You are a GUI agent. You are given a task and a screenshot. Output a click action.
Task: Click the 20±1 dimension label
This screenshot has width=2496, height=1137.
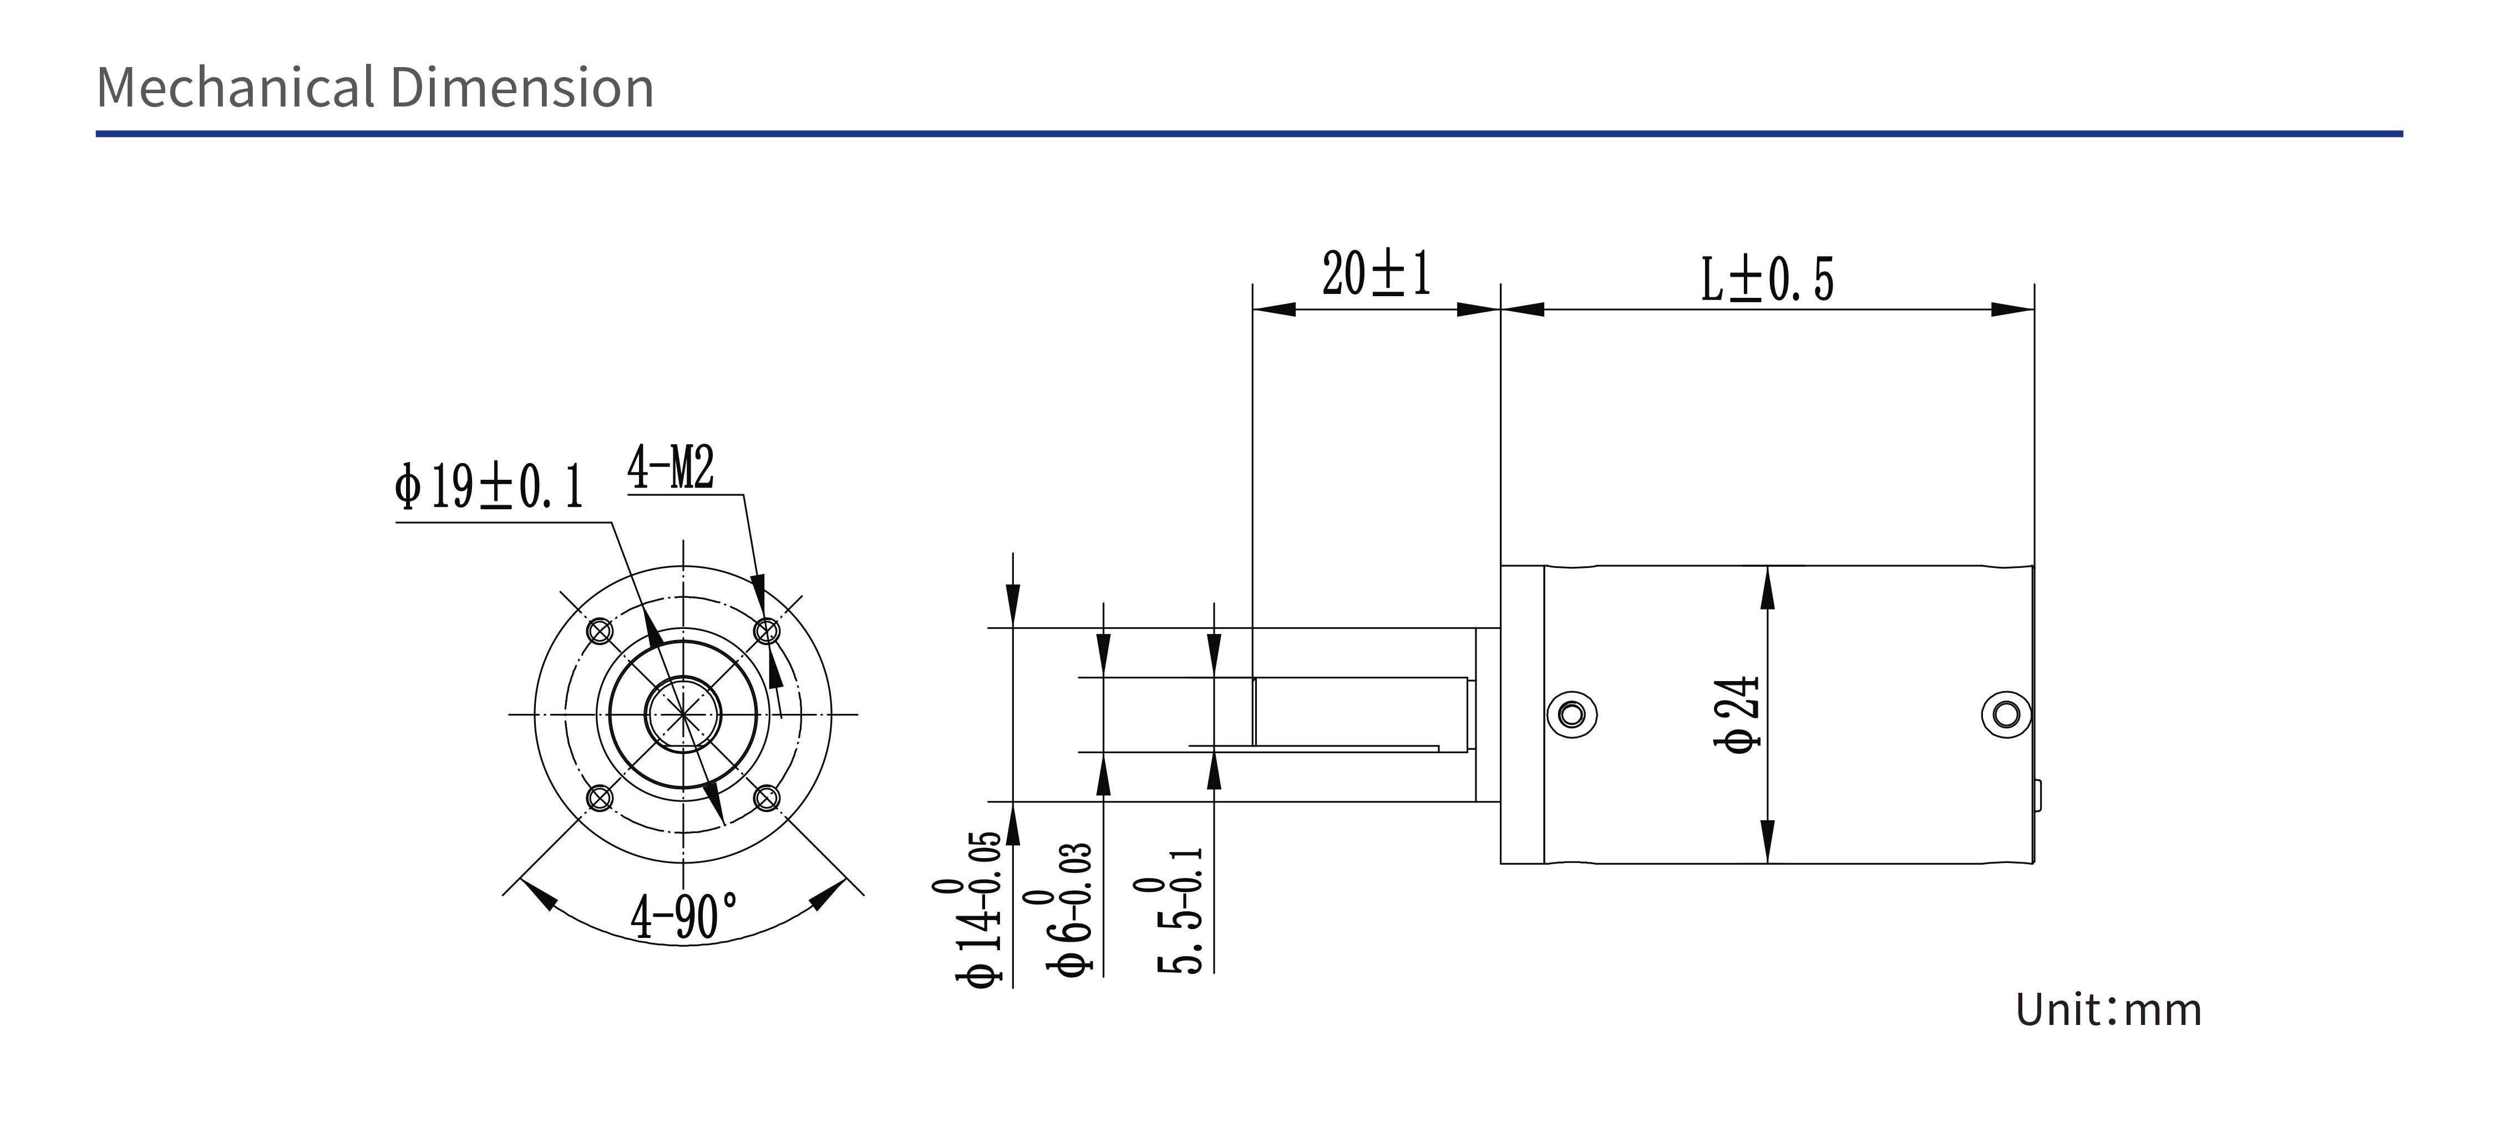click(1376, 273)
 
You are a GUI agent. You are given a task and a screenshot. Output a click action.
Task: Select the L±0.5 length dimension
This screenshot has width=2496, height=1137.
click(1767, 279)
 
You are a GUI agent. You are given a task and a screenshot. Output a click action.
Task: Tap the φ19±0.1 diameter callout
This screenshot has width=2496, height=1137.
click(488, 485)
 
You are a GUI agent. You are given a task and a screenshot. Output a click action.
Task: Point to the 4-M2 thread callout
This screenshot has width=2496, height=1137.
click(671, 467)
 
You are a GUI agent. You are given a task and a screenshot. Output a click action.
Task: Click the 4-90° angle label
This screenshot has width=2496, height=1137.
click(683, 915)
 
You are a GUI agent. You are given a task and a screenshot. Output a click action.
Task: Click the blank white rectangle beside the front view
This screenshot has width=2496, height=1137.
click(919, 652)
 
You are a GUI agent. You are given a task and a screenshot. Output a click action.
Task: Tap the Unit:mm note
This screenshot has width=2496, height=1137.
click(2108, 1009)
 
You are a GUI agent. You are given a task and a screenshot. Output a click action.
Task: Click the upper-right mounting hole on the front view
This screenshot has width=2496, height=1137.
click(767, 632)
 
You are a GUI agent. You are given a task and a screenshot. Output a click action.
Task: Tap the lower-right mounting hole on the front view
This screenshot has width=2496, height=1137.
click(767, 799)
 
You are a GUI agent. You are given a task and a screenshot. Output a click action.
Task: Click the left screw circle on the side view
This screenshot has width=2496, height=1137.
click(1571, 715)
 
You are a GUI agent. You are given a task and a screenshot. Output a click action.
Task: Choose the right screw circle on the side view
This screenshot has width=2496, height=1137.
click(2006, 715)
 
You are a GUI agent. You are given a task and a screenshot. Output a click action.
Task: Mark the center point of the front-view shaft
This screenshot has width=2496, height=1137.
click(683, 715)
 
